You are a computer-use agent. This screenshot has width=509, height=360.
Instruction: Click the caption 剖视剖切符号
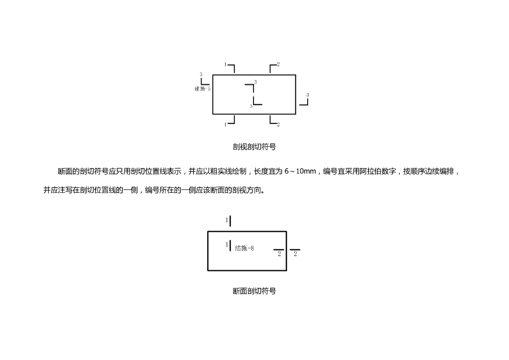[254, 147]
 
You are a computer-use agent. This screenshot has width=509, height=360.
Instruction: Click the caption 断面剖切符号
[254, 291]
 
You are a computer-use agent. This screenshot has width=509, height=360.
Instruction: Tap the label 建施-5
[202, 89]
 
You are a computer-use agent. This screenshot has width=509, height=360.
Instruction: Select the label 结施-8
[245, 248]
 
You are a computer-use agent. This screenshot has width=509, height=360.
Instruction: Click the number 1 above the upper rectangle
[225, 65]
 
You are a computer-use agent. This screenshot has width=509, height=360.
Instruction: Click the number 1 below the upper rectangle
[225, 124]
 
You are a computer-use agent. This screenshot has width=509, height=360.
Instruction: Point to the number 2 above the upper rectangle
[278, 65]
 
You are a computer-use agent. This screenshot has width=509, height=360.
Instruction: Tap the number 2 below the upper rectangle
[278, 124]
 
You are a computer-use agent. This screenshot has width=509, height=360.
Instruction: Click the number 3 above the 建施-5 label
[201, 75]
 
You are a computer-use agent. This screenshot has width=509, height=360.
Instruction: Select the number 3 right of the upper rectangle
[308, 94]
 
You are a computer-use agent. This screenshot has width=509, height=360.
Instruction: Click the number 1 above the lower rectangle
[227, 220]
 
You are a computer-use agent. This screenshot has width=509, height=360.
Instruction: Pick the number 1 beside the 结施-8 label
[227, 245]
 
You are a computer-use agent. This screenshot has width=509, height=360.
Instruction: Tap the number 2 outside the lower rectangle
[295, 254]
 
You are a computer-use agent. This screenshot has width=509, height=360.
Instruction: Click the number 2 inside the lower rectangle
[279, 254]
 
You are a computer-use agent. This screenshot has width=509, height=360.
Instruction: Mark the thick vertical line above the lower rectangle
[231, 220]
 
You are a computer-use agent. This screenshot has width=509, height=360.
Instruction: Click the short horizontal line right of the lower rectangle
[295, 250]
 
